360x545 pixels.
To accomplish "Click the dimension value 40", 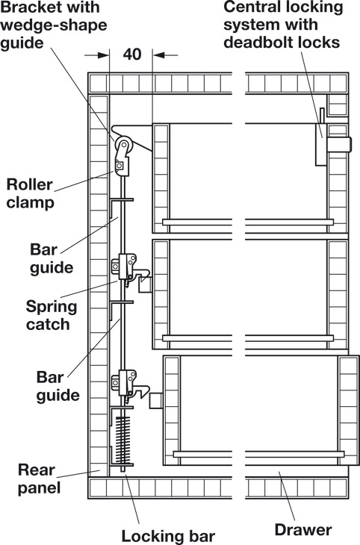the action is click(x=132, y=54).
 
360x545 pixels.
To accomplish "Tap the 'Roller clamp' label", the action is click(x=31, y=193).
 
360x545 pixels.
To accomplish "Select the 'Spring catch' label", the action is click(x=52, y=315).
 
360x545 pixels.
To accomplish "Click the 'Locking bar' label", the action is click(x=168, y=536).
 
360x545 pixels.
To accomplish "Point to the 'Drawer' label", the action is click(x=303, y=530).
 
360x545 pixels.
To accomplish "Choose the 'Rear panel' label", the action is click(x=39, y=479).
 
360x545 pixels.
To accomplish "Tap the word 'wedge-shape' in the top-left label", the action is click(x=54, y=26).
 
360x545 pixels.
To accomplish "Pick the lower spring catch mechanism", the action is click(x=129, y=384).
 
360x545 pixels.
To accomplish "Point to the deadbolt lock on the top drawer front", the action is click(x=339, y=144).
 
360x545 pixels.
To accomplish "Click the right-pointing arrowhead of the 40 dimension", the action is click(x=104, y=55).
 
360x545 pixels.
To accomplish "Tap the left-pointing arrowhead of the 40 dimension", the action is click(x=158, y=55).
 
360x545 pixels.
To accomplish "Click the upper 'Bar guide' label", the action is click(x=52, y=259).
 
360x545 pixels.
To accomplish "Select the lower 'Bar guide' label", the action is click(x=58, y=386).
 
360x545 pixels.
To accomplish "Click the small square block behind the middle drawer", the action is click(x=146, y=284).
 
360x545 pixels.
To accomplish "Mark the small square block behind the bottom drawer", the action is click(x=156, y=400).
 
